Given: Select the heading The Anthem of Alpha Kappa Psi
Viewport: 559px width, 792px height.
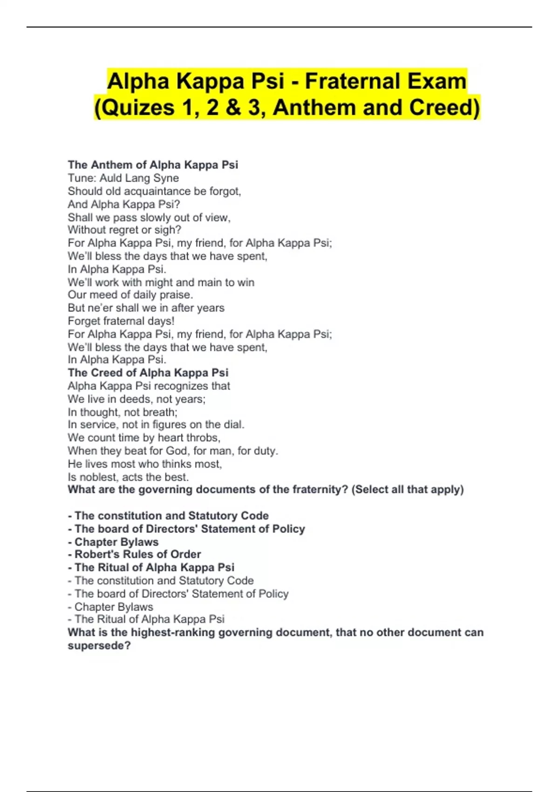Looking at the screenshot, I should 153,165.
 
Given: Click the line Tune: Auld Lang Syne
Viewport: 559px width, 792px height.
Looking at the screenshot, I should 123,178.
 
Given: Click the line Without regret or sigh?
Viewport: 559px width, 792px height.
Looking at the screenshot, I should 124,230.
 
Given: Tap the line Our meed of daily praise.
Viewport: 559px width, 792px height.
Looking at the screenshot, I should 130,295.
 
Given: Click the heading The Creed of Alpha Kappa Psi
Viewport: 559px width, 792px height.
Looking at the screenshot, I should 148,373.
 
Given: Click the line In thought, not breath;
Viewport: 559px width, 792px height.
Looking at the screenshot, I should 123,412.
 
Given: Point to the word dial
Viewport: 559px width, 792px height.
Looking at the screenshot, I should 234,424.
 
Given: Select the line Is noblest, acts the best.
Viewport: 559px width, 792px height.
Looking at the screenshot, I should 128,477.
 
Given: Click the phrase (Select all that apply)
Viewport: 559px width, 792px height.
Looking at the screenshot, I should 408,490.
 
